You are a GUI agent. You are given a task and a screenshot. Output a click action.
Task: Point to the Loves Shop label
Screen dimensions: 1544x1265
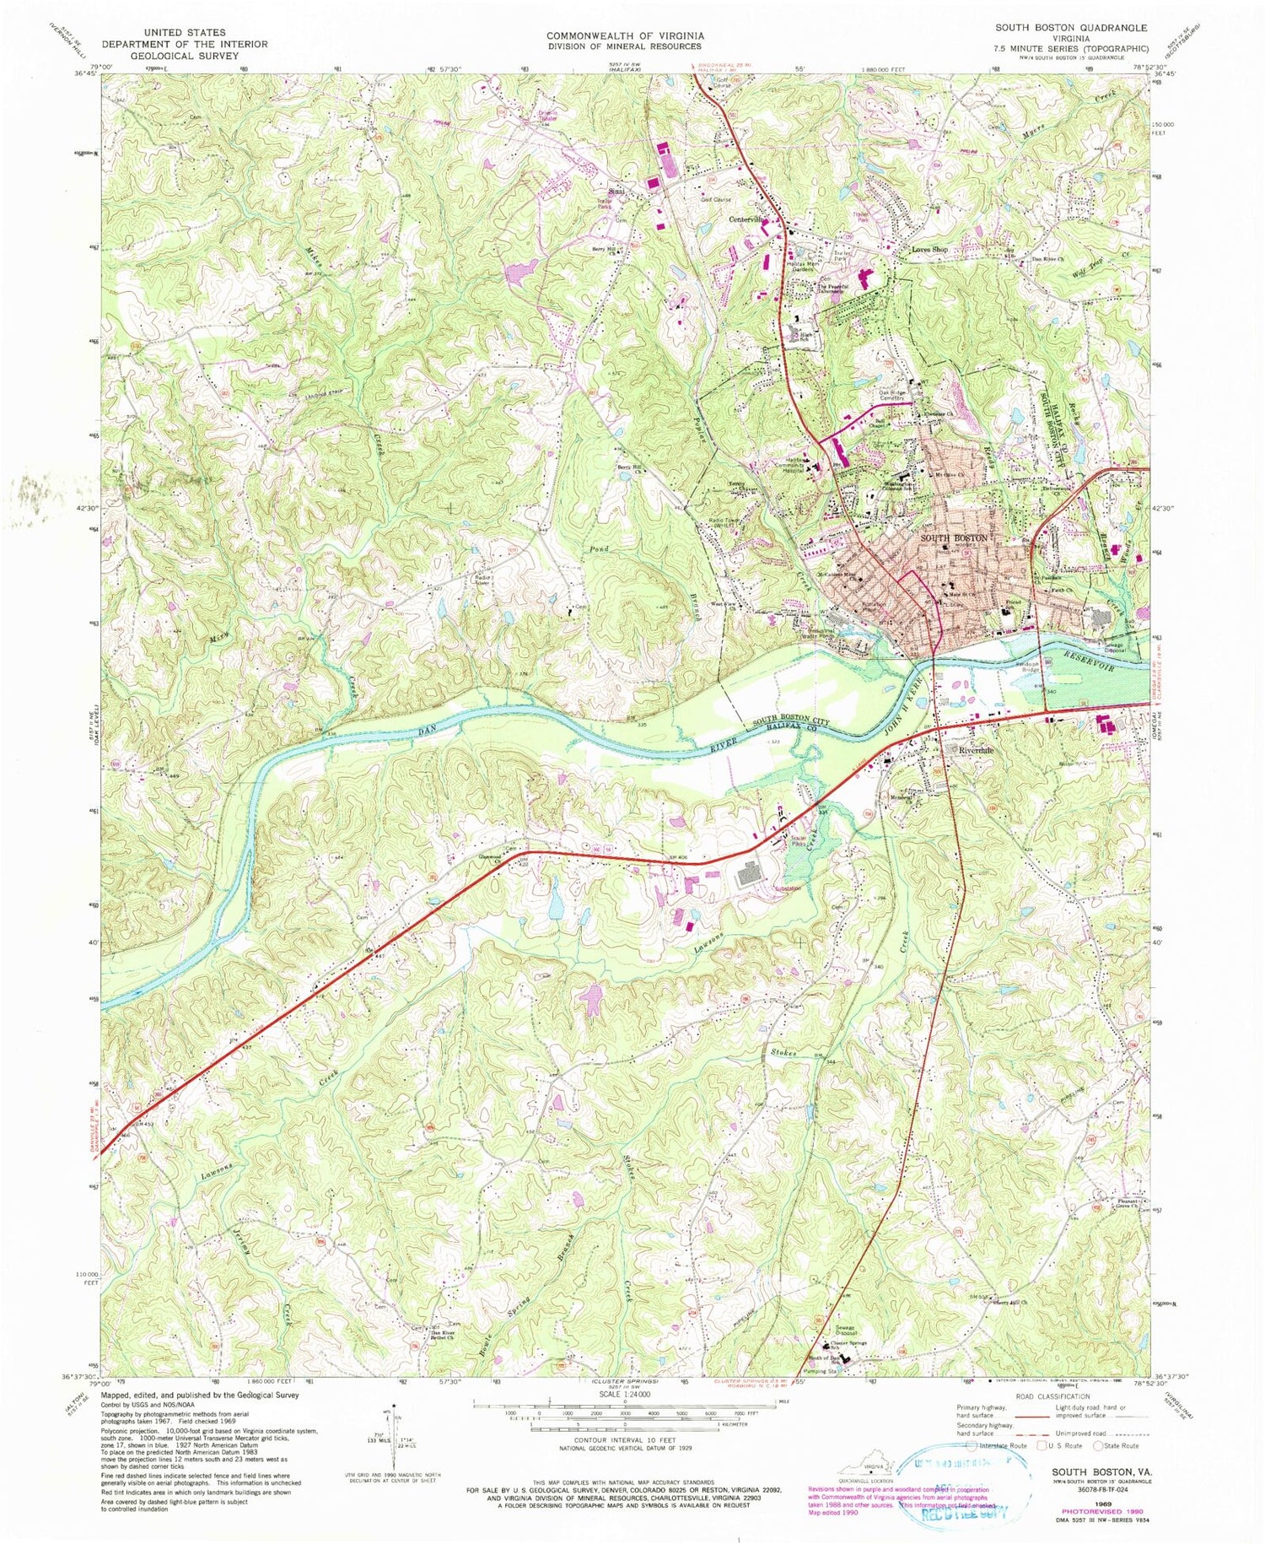coord(930,250)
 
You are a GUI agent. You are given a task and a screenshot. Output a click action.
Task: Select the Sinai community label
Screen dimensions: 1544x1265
coord(618,192)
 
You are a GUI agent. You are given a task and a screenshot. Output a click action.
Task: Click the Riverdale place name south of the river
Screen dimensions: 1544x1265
coord(974,750)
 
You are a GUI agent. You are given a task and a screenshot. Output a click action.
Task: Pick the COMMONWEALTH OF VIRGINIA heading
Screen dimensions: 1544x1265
coord(625,35)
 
